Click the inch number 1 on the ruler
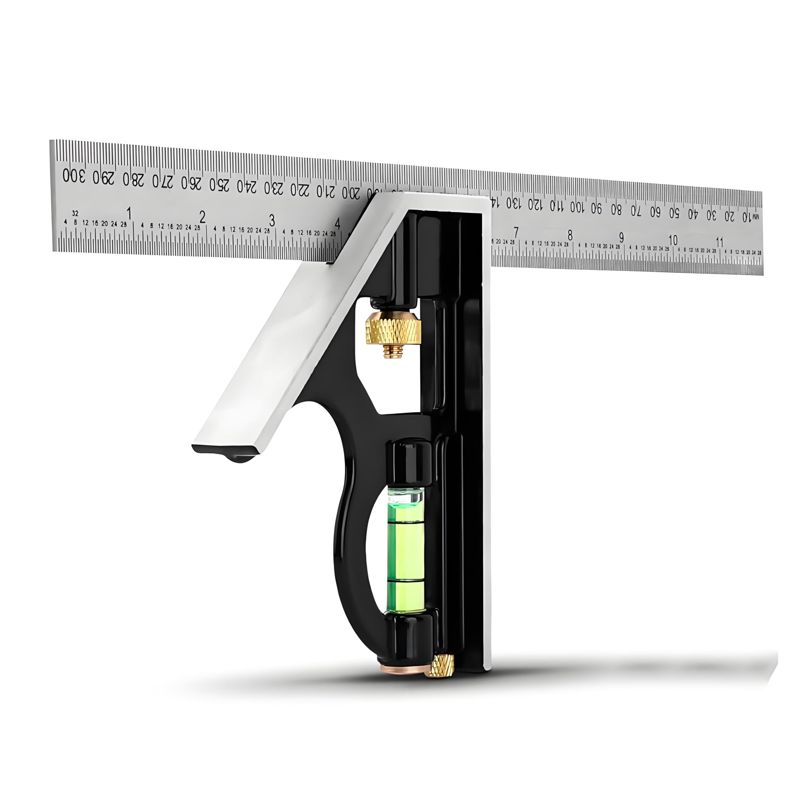click(129, 213)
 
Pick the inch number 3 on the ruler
click(272, 220)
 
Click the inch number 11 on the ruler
click(720, 242)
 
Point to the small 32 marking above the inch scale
click(75, 213)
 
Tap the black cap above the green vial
click(407, 463)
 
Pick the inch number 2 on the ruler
click(202, 217)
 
